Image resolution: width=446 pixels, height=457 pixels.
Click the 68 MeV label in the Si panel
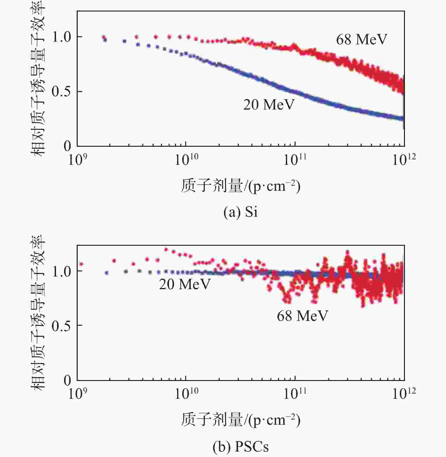[361, 40]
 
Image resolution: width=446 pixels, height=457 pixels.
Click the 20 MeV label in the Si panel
[269, 105]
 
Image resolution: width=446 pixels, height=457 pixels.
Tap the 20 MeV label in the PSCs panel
[184, 284]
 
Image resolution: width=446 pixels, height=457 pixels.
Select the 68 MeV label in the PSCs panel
[302, 316]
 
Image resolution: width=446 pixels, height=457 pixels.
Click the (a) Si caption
[241, 212]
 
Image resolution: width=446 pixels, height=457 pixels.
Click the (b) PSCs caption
[241, 446]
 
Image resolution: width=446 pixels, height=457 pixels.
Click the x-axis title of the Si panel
[241, 186]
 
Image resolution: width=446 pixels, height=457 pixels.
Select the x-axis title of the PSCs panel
[241, 420]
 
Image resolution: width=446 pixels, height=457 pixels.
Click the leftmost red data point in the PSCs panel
[81, 264]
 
